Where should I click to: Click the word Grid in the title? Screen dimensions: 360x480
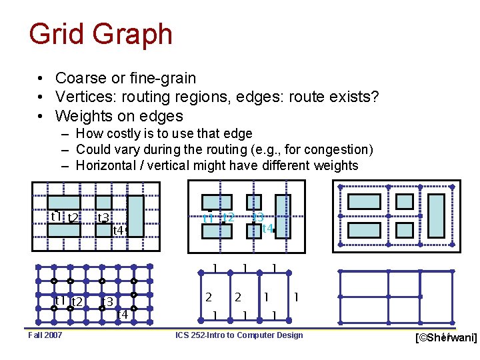click(56, 34)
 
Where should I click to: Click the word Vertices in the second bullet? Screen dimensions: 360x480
click(83, 97)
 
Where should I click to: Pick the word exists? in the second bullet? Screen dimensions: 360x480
click(353, 97)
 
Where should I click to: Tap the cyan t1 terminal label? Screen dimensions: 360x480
click(208, 218)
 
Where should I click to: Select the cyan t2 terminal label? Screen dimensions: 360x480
click(228, 217)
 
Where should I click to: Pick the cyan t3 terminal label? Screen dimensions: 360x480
click(259, 216)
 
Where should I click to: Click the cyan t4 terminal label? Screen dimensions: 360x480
click(267, 229)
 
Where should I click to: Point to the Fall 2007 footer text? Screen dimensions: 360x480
click(45, 335)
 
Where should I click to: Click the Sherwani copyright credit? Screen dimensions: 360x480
click(446, 339)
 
